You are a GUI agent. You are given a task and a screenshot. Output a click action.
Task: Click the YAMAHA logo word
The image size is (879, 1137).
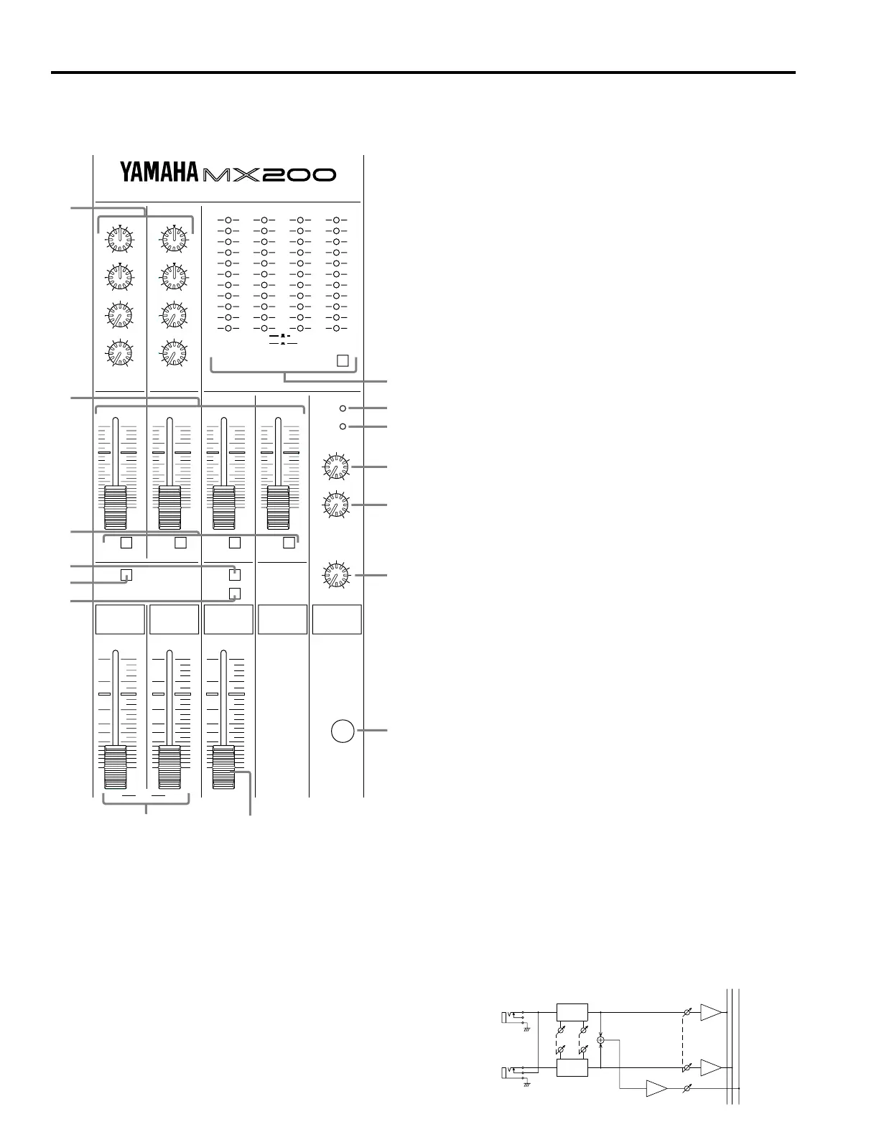click(159, 172)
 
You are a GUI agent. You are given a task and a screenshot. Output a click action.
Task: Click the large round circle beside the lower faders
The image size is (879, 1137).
click(343, 731)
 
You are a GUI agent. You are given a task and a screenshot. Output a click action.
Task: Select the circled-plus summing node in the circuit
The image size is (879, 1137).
click(601, 1039)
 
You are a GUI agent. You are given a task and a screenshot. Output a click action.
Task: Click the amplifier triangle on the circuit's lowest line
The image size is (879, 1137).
click(656, 1089)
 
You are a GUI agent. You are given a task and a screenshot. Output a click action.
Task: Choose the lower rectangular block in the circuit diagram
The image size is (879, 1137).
click(572, 1067)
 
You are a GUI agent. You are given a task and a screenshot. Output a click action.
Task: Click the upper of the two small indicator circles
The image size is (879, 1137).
click(343, 408)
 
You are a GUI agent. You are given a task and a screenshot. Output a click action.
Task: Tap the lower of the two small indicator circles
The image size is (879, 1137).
click(343, 426)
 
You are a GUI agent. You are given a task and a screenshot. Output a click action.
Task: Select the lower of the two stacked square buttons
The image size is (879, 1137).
click(234, 594)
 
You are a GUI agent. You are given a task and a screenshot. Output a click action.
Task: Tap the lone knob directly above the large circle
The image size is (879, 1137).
click(335, 576)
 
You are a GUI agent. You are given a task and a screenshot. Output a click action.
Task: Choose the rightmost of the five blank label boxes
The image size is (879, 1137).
click(337, 619)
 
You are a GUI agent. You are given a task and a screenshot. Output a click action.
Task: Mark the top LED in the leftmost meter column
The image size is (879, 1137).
click(228, 220)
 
